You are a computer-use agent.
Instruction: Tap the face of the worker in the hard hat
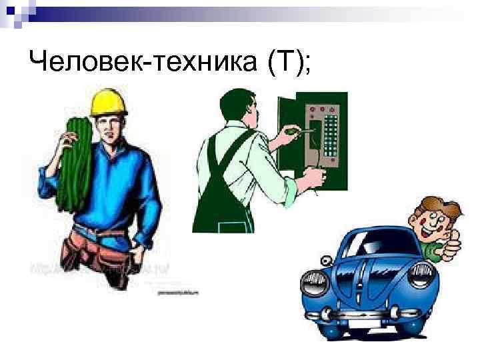pos(109,127)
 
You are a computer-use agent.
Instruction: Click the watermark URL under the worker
pos(100,269)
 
